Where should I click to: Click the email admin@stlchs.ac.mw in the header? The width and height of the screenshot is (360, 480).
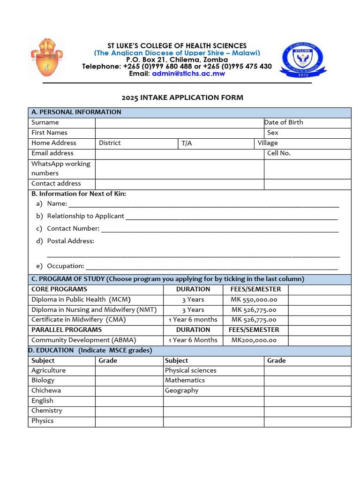188,74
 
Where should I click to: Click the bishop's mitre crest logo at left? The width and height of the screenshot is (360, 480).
46,58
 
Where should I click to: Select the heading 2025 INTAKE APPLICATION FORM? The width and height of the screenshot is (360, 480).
182,97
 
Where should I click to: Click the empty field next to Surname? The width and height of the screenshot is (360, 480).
179,123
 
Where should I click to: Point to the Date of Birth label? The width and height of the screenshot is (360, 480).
284,122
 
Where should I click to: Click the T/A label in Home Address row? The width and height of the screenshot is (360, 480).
187,143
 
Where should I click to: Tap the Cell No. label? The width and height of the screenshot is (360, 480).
278,153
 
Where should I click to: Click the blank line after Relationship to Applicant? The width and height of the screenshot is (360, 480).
232,217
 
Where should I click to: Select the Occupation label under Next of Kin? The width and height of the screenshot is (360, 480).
65,266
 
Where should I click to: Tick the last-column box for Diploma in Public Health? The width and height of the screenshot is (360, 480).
319,300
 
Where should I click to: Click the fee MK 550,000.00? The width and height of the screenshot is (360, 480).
254,300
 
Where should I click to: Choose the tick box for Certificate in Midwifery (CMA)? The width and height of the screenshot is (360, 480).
319,320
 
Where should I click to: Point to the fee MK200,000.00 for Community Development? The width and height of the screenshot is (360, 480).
254,340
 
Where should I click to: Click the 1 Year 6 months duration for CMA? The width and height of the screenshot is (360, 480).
193,320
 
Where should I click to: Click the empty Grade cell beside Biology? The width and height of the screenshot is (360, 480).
129,381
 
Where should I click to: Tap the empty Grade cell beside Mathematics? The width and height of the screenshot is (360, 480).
307,381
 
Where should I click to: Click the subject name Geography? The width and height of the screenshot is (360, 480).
181,391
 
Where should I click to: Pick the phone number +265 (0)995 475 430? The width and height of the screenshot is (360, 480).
237,67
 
